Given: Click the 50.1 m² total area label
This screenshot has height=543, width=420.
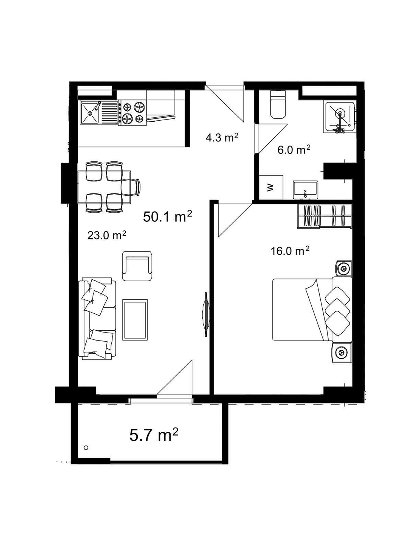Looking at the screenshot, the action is click(x=168, y=216).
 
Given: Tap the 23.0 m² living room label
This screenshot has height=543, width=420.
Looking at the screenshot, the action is click(x=106, y=235).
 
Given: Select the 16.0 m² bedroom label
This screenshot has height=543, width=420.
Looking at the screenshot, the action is click(x=290, y=251).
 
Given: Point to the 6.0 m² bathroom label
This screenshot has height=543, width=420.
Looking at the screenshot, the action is click(x=294, y=150).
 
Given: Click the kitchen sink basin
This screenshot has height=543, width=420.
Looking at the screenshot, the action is click(x=89, y=112).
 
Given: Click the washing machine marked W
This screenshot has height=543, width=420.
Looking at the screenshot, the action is click(x=271, y=187).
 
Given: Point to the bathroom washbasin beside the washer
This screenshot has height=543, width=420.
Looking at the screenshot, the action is click(x=306, y=190).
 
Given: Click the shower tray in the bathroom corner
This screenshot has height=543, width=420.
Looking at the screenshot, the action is click(x=339, y=117).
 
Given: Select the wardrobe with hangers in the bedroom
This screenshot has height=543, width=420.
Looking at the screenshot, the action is click(x=325, y=216).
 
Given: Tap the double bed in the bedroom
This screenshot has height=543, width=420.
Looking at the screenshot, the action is click(x=312, y=310).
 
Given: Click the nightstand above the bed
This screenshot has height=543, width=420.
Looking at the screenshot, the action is click(x=343, y=268).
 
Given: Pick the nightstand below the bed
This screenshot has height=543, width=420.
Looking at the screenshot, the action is click(x=342, y=352).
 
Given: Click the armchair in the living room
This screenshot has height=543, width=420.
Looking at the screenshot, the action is click(x=137, y=266).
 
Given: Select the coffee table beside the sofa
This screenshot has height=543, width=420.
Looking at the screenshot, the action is click(x=135, y=320).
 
